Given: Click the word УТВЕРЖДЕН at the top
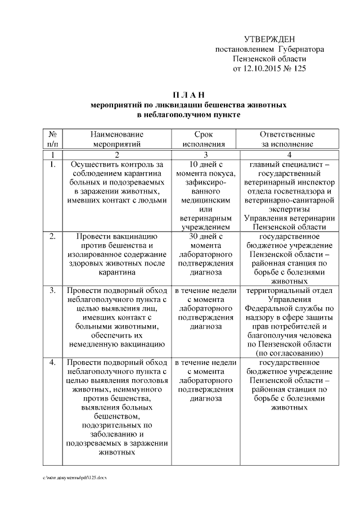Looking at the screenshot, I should [x=269, y=39].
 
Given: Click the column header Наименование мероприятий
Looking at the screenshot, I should [x=116, y=139].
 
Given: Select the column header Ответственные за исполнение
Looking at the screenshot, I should [x=287, y=139].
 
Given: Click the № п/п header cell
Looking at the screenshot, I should [x=52, y=139].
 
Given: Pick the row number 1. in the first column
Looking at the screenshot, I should [x=52, y=165].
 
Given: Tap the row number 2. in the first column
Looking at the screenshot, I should [x=52, y=236].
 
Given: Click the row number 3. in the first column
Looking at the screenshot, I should [x=52, y=291].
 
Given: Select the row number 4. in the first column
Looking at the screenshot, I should [x=52, y=363].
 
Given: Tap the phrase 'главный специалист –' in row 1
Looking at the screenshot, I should [x=287, y=165].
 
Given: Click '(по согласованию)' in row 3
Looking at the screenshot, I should [x=287, y=353].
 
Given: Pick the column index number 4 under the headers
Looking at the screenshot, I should [x=287, y=154].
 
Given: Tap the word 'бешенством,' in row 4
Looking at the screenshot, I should [x=116, y=416].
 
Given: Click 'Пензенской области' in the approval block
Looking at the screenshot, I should [x=269, y=59].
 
